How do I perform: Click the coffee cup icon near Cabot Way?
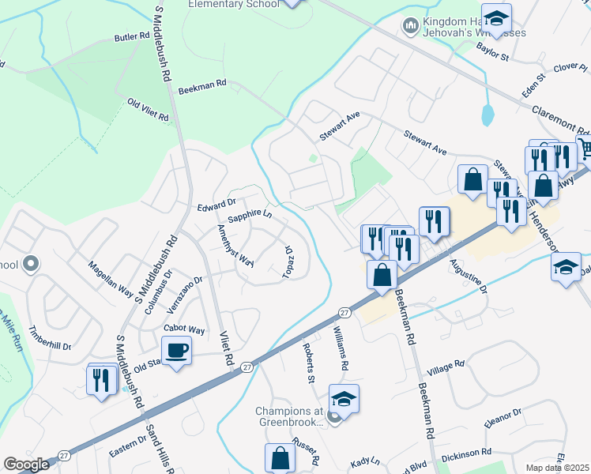tap(176, 348)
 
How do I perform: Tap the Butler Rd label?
tap(132, 37)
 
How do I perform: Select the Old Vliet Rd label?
tap(148, 111)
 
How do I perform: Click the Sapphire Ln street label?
tap(250, 214)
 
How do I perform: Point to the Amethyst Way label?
tap(235, 246)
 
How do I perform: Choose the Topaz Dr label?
tap(288, 261)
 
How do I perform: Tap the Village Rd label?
tap(445, 368)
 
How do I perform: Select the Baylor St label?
tap(493, 52)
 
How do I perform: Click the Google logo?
tap(27, 465)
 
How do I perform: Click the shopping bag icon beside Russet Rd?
tap(280, 458)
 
